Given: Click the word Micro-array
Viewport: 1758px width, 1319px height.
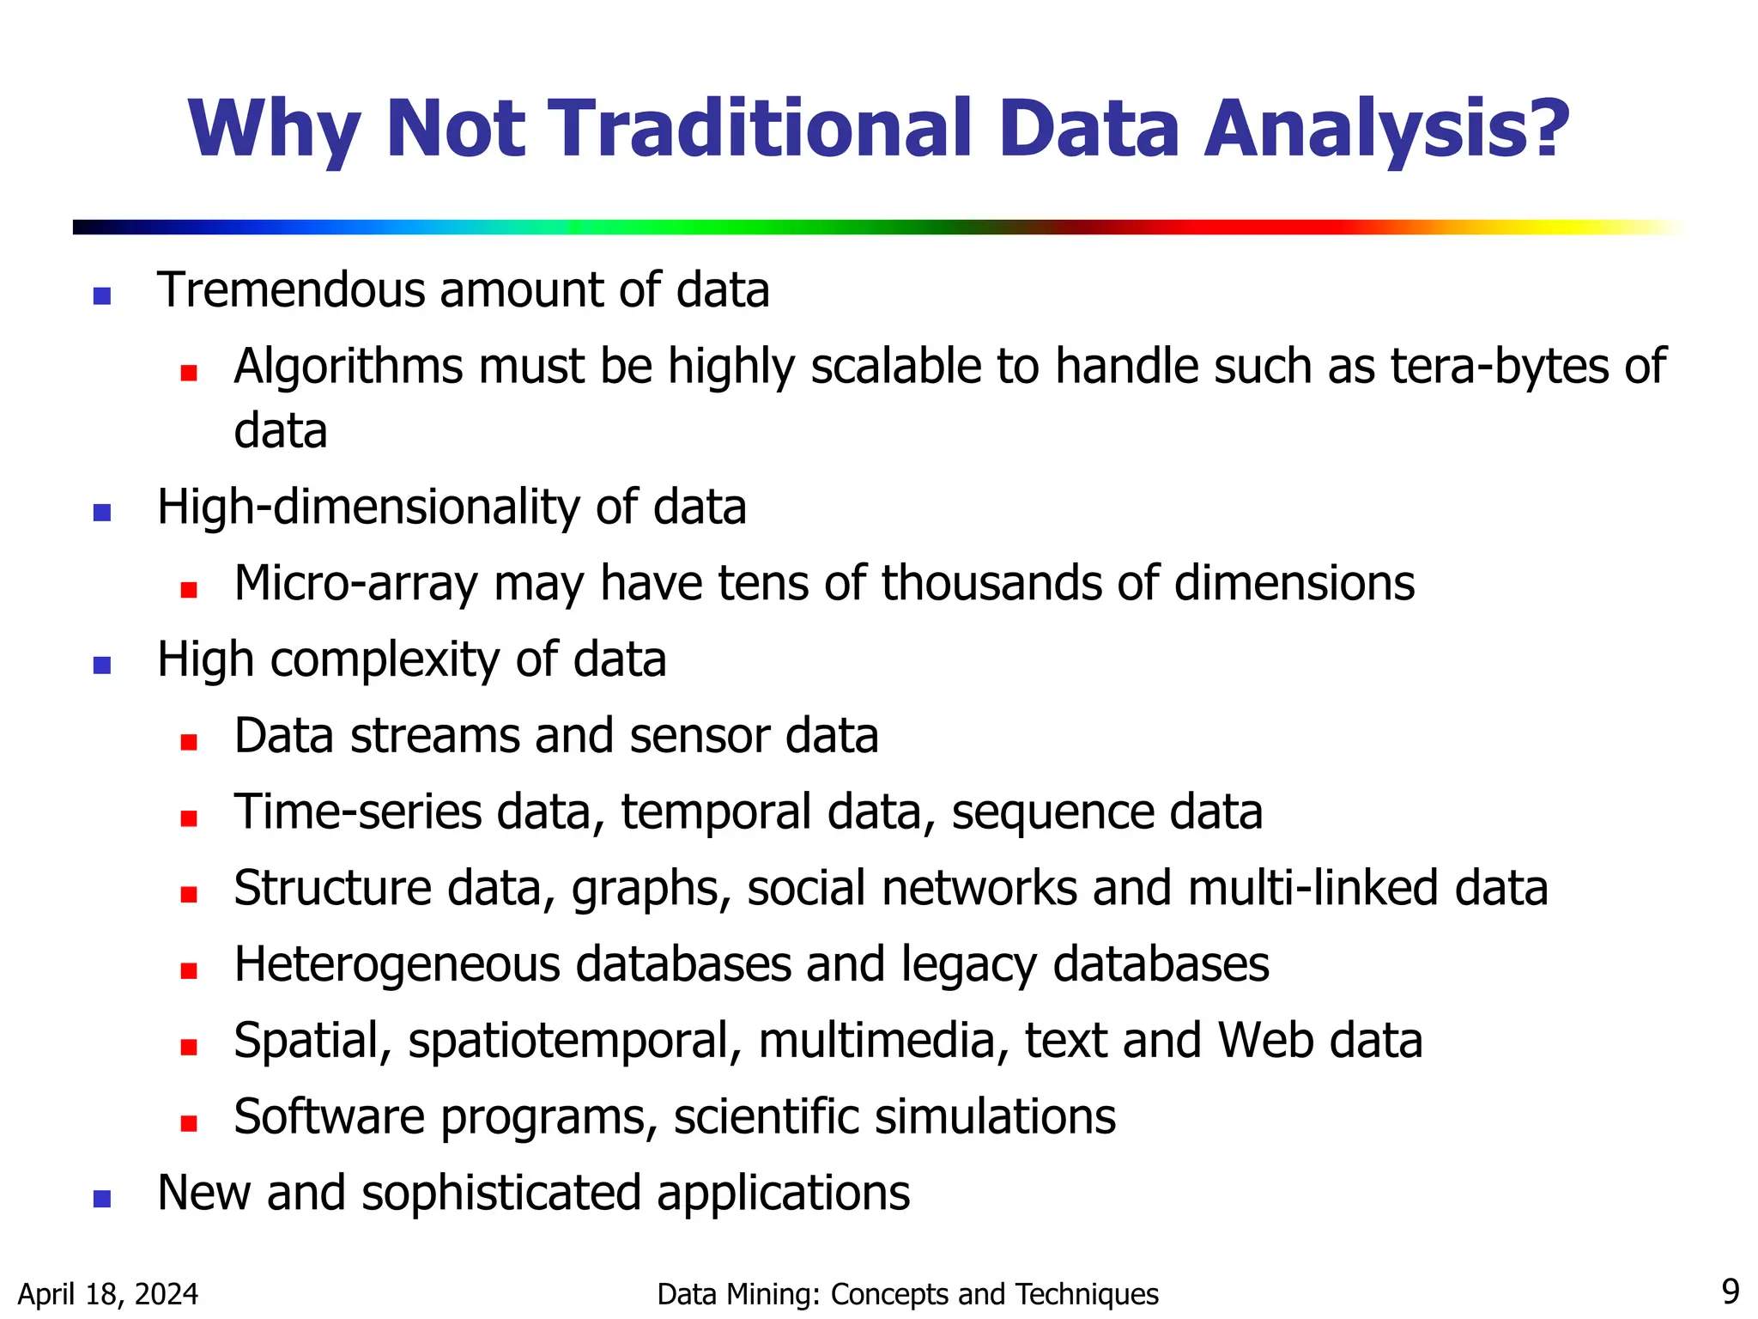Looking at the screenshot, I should click(x=355, y=584).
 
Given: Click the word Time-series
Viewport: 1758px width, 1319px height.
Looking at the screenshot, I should click(x=358, y=812).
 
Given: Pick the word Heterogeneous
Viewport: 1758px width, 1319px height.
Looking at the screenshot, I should click(x=397, y=965).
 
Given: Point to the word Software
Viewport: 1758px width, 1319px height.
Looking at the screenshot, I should click(x=329, y=1117).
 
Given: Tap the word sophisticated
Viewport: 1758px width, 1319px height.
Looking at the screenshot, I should click(x=500, y=1194).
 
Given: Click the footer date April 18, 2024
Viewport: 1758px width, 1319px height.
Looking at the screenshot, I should click(x=108, y=1294).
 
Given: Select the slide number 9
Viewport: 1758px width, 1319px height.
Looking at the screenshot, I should click(x=1731, y=1292).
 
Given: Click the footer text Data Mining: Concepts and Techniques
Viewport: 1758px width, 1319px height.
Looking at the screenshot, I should click(x=907, y=1294).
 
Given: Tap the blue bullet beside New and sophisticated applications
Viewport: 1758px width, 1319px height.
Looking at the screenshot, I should click(x=102, y=1199).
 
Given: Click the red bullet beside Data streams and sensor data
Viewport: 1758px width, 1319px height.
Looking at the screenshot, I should click(x=189, y=742).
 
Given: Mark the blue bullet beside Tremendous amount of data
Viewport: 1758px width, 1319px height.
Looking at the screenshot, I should click(x=102, y=296).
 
